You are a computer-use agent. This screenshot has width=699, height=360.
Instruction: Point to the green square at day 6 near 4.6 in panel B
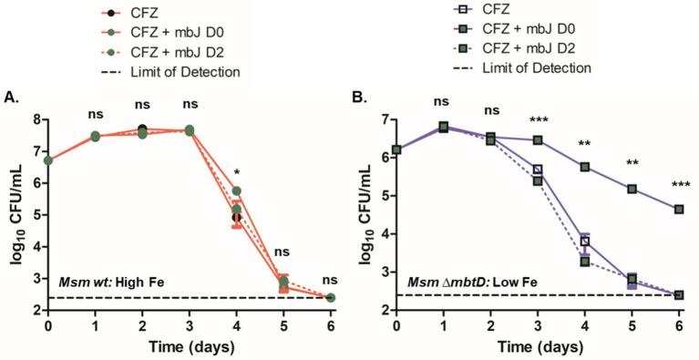(678, 210)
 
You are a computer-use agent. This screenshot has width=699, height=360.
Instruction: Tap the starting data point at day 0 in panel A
(47, 160)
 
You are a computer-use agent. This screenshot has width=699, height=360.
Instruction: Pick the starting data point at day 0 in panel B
(396, 149)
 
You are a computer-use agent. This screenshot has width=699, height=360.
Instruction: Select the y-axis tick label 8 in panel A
(36, 118)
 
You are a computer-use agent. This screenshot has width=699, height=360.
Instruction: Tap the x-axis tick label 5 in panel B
(632, 325)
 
